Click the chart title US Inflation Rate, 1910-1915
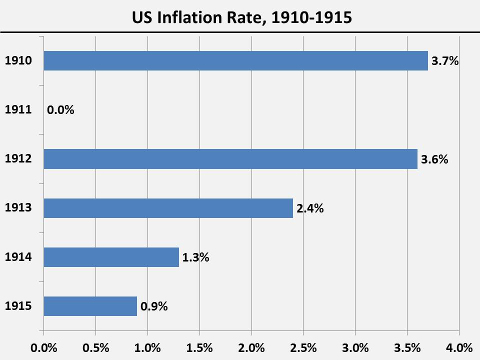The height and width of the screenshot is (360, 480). click(x=242, y=18)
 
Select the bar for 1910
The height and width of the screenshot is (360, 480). click(x=235, y=61)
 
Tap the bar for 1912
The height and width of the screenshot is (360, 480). click(x=230, y=159)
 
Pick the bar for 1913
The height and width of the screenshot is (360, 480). click(x=168, y=208)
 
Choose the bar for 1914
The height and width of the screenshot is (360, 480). click(x=111, y=257)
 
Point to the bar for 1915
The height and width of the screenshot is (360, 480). click(x=90, y=306)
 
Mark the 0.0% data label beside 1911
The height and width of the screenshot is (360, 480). click(x=60, y=110)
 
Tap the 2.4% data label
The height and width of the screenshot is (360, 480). click(x=310, y=209)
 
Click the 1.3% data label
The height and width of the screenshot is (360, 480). click(x=195, y=258)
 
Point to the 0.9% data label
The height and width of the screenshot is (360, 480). click(x=154, y=307)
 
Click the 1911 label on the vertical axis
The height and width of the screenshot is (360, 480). click(x=18, y=110)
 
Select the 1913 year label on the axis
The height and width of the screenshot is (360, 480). click(x=18, y=208)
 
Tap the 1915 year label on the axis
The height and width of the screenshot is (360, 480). click(x=18, y=306)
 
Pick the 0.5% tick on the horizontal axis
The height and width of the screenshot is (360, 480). click(x=96, y=347)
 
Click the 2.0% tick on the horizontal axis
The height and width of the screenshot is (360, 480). click(x=251, y=347)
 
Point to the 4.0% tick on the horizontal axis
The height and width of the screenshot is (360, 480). click(x=459, y=347)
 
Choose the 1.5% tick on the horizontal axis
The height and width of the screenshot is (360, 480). click(x=199, y=347)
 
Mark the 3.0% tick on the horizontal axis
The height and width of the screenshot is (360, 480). click(x=355, y=347)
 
